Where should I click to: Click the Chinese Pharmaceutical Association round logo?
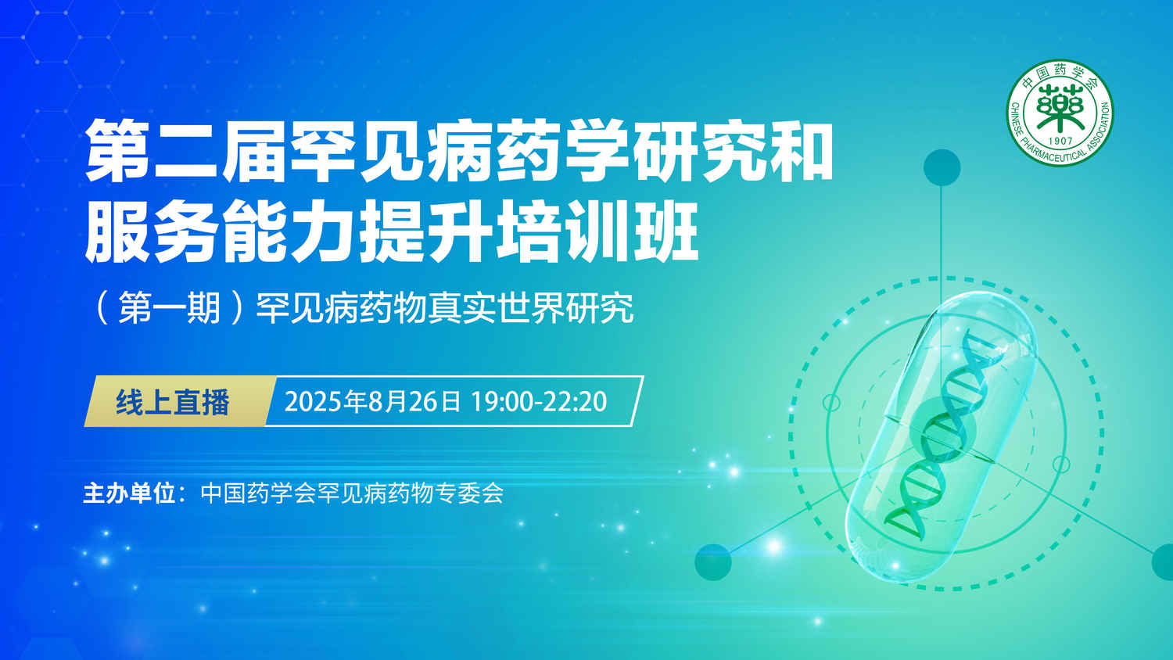tap(1060, 113)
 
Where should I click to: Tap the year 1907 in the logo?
tap(1060, 141)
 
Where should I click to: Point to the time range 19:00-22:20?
tap(539, 402)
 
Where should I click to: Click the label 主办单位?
tap(129, 493)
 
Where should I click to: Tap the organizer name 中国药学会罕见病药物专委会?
tap(351, 493)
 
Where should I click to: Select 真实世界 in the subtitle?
tap(497, 308)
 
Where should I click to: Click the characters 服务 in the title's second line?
tap(152, 231)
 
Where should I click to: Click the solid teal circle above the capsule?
tap(942, 167)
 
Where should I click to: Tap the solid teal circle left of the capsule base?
tap(712, 562)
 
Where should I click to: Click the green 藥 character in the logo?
tap(1060, 109)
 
